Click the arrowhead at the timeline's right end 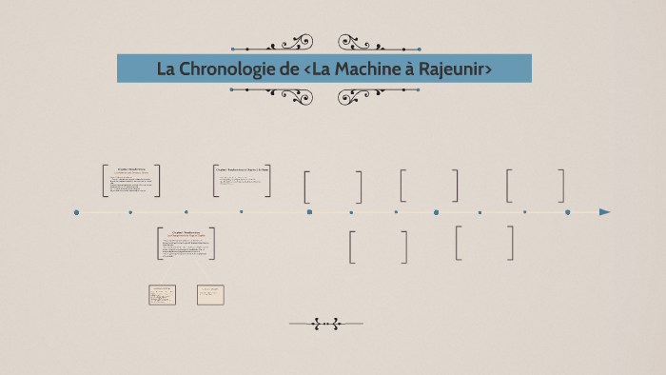(604, 212)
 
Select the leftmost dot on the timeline (76, 212)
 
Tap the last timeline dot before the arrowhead (567, 212)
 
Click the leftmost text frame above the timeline (131, 181)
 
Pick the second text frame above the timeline (243, 181)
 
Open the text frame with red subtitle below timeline (186, 244)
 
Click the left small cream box (162, 295)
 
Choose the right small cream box (210, 295)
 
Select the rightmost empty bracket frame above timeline (535, 186)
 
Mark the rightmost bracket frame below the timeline (484, 243)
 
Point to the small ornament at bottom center (325, 325)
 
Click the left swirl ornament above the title (289, 43)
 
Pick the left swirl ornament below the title (289, 95)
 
